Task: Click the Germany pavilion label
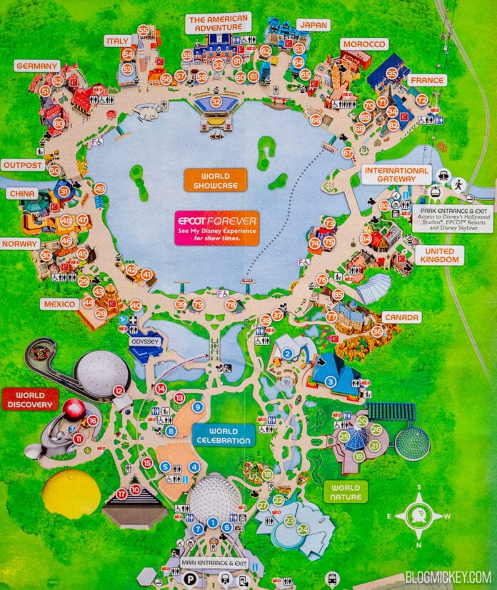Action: tap(36, 66)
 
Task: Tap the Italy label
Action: tap(116, 41)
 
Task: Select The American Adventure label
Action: tap(218, 23)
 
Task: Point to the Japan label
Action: tap(313, 24)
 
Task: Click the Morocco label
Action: tap(363, 44)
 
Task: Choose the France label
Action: tap(428, 80)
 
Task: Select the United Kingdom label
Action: tap(439, 256)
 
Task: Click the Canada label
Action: tap(401, 316)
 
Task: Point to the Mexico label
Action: tap(60, 304)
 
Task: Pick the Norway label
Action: tap(19, 244)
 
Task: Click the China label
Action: tap(21, 194)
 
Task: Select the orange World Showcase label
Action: tap(214, 180)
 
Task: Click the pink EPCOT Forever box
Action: tap(217, 227)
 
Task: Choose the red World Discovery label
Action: tap(29, 399)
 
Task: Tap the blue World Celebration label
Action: tap(224, 435)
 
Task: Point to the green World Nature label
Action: tap(346, 491)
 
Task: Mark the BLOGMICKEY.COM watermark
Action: tap(447, 576)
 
